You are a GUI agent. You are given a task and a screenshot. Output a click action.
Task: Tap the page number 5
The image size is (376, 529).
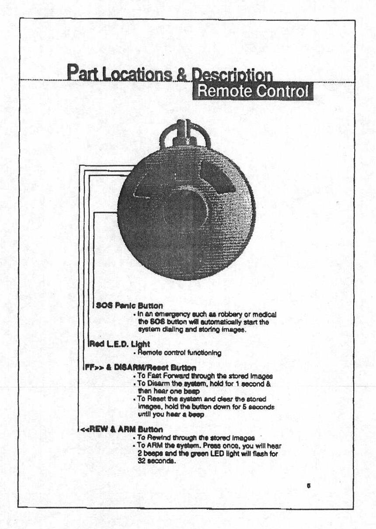(x=309, y=485)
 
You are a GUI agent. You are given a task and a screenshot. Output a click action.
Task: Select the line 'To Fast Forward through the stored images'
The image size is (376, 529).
(x=205, y=376)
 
